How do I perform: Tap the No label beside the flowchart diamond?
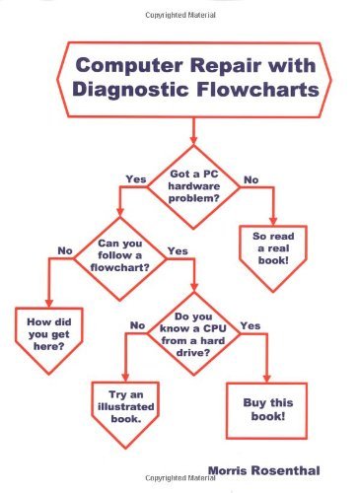(x=66, y=251)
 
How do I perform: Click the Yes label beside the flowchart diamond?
(x=178, y=251)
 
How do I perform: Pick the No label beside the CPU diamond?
(x=137, y=324)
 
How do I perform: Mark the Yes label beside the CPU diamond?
(x=251, y=324)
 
